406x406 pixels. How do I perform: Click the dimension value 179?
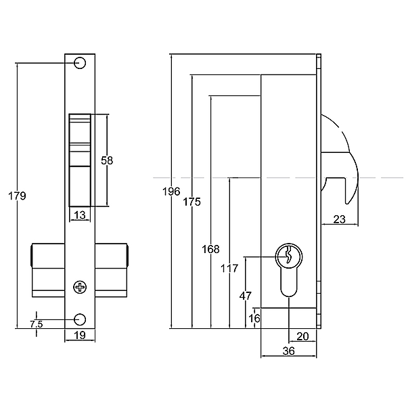click(x=17, y=196)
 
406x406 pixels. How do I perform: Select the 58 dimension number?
click(x=107, y=160)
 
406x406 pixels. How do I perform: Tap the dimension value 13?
click(x=80, y=215)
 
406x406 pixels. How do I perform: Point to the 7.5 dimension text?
click(x=37, y=324)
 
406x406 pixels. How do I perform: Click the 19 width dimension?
click(x=80, y=336)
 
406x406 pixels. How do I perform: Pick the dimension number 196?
click(x=171, y=191)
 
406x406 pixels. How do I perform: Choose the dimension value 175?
click(x=192, y=202)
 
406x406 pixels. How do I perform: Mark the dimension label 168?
click(x=210, y=249)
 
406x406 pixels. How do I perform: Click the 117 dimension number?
click(x=229, y=269)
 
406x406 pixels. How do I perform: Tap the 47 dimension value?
click(x=246, y=296)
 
